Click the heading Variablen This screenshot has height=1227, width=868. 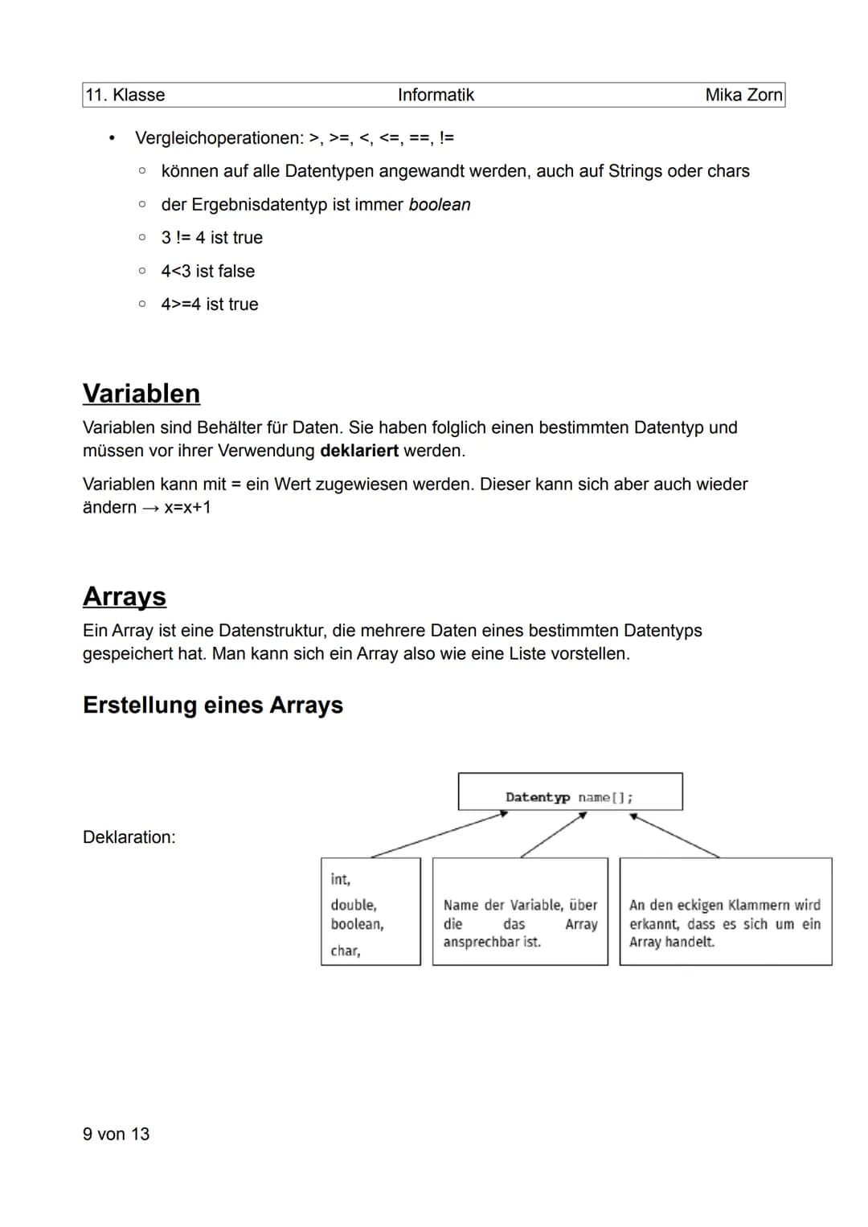[141, 394]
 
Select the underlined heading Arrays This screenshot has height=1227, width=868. [125, 596]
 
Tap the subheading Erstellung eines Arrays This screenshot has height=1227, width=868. [213, 705]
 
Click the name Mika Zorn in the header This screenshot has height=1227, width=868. [743, 95]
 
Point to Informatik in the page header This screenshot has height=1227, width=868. [436, 95]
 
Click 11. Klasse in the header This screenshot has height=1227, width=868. [125, 95]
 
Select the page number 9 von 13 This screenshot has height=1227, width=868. [116, 1134]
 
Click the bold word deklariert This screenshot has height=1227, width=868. [358, 451]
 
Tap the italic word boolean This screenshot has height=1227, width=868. [440, 205]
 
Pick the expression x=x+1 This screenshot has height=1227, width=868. [187, 508]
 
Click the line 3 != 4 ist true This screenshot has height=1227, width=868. [211, 238]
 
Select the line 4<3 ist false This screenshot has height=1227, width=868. [207, 272]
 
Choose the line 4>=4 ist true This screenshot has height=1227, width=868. [209, 305]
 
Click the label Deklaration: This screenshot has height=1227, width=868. [129, 837]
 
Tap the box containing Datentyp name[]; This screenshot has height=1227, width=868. [570, 792]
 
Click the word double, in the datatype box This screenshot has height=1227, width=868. [353, 905]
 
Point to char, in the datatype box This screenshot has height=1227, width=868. [345, 951]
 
